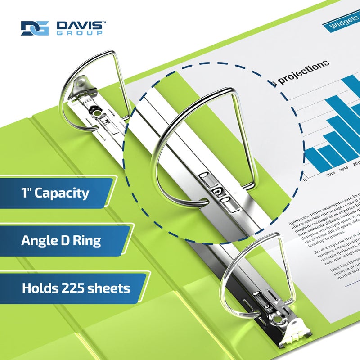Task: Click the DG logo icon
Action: pos(35,28)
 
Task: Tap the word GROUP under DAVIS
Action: pos(80,33)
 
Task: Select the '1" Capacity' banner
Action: pos(56,193)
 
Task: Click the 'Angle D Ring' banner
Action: pos(61,240)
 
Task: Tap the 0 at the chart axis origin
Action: pos(306,180)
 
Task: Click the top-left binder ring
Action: pos(92,85)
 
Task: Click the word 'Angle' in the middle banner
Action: pos(37,240)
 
